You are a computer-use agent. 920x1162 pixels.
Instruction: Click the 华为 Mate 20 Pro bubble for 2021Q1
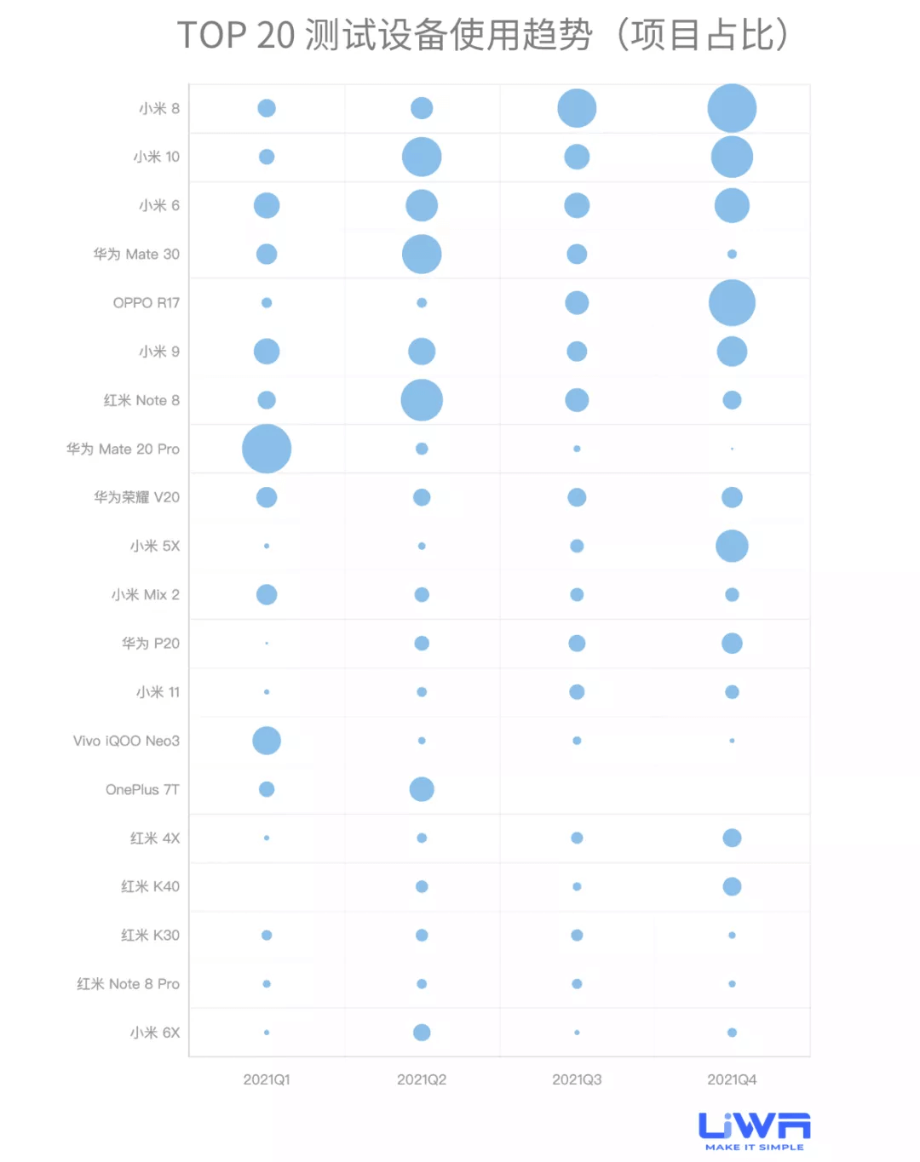click(x=267, y=449)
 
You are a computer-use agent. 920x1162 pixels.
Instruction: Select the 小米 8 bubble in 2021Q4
click(x=732, y=108)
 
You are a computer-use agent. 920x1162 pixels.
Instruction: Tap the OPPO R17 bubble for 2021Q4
click(x=732, y=302)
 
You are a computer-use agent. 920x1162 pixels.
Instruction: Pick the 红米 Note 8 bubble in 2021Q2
click(x=422, y=400)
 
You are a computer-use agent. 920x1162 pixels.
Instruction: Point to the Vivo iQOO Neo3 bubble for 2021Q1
click(x=267, y=741)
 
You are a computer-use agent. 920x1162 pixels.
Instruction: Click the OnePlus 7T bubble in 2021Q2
click(x=422, y=789)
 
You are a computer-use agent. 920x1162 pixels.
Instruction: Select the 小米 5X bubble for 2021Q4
click(x=732, y=546)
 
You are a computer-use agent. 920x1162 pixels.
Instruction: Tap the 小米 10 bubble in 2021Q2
click(x=422, y=157)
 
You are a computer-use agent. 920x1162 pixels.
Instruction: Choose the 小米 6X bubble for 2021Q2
click(x=422, y=1033)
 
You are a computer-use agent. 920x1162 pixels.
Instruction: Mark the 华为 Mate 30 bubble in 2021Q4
click(x=732, y=254)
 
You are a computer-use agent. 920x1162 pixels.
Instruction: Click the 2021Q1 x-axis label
click(x=267, y=1079)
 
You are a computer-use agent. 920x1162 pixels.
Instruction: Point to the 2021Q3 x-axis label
click(x=577, y=1079)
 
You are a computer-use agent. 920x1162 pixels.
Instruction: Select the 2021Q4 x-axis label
click(x=732, y=1079)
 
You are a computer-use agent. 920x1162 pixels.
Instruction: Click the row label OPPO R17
click(x=147, y=303)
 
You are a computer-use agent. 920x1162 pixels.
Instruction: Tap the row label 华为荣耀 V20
click(x=136, y=497)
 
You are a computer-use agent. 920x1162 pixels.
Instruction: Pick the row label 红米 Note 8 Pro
click(x=128, y=984)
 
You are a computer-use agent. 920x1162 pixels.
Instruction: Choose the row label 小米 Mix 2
click(x=145, y=595)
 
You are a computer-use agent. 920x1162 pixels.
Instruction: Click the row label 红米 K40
click(x=150, y=887)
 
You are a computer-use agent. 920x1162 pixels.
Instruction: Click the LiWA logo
click(x=754, y=1131)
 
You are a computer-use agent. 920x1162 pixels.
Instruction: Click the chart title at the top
click(x=482, y=36)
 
